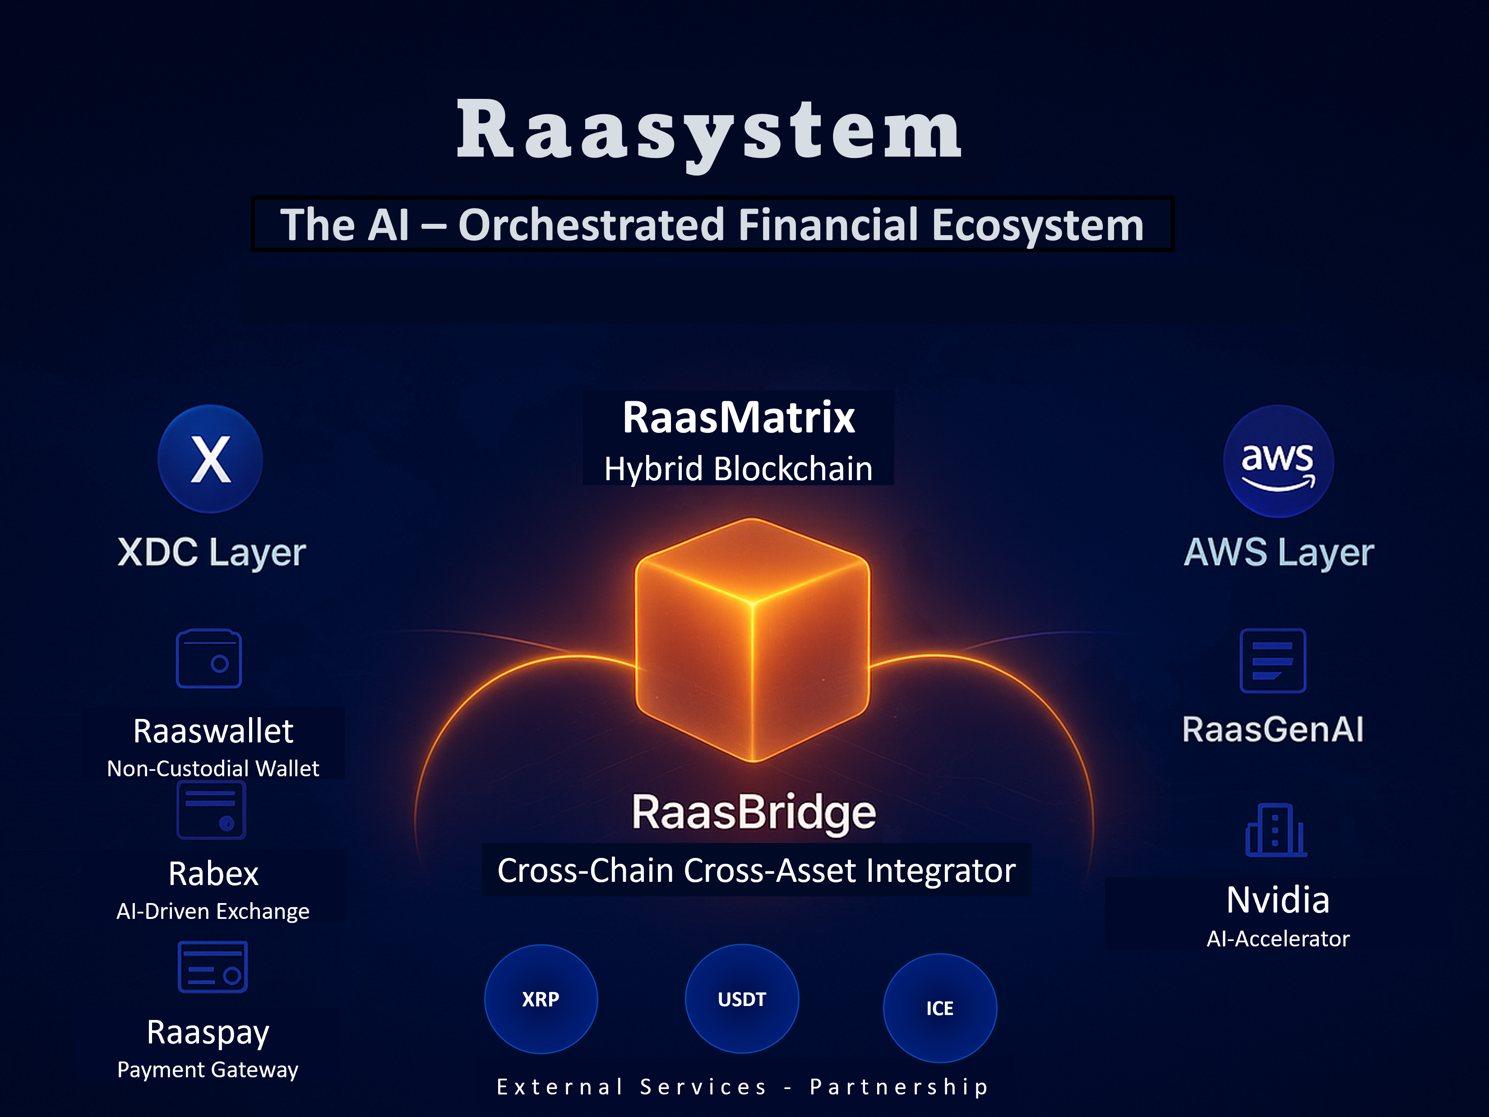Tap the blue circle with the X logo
click(x=210, y=459)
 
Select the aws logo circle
click(x=1278, y=462)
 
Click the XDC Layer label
click(x=211, y=553)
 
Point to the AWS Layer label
click(x=1278, y=553)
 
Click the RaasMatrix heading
click(x=739, y=417)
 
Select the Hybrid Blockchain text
click(x=739, y=468)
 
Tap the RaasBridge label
click(x=753, y=813)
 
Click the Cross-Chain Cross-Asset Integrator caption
click(x=756, y=871)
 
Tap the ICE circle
click(x=940, y=1008)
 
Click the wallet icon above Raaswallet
click(x=208, y=658)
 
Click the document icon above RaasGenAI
click(x=1272, y=661)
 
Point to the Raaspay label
click(x=208, y=1032)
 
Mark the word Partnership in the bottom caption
click(x=899, y=1087)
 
